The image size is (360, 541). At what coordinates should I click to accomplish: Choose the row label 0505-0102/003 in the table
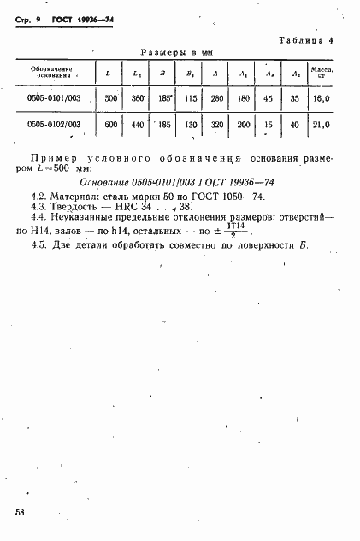[54, 124]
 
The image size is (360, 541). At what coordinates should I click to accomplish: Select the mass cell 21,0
[322, 124]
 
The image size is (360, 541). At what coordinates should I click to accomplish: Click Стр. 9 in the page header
[27, 20]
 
